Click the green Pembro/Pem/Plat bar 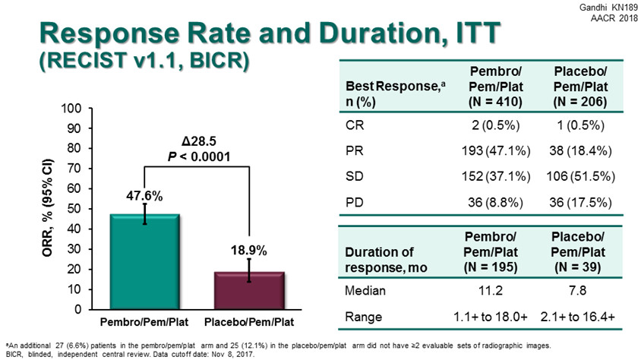(x=145, y=262)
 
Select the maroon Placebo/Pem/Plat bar (x=249, y=291)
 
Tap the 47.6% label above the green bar (x=145, y=196)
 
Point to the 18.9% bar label (x=249, y=250)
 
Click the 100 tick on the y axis (x=72, y=109)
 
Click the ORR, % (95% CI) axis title (x=46, y=209)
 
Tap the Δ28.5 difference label (x=197, y=142)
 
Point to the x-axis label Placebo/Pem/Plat (x=249, y=321)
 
